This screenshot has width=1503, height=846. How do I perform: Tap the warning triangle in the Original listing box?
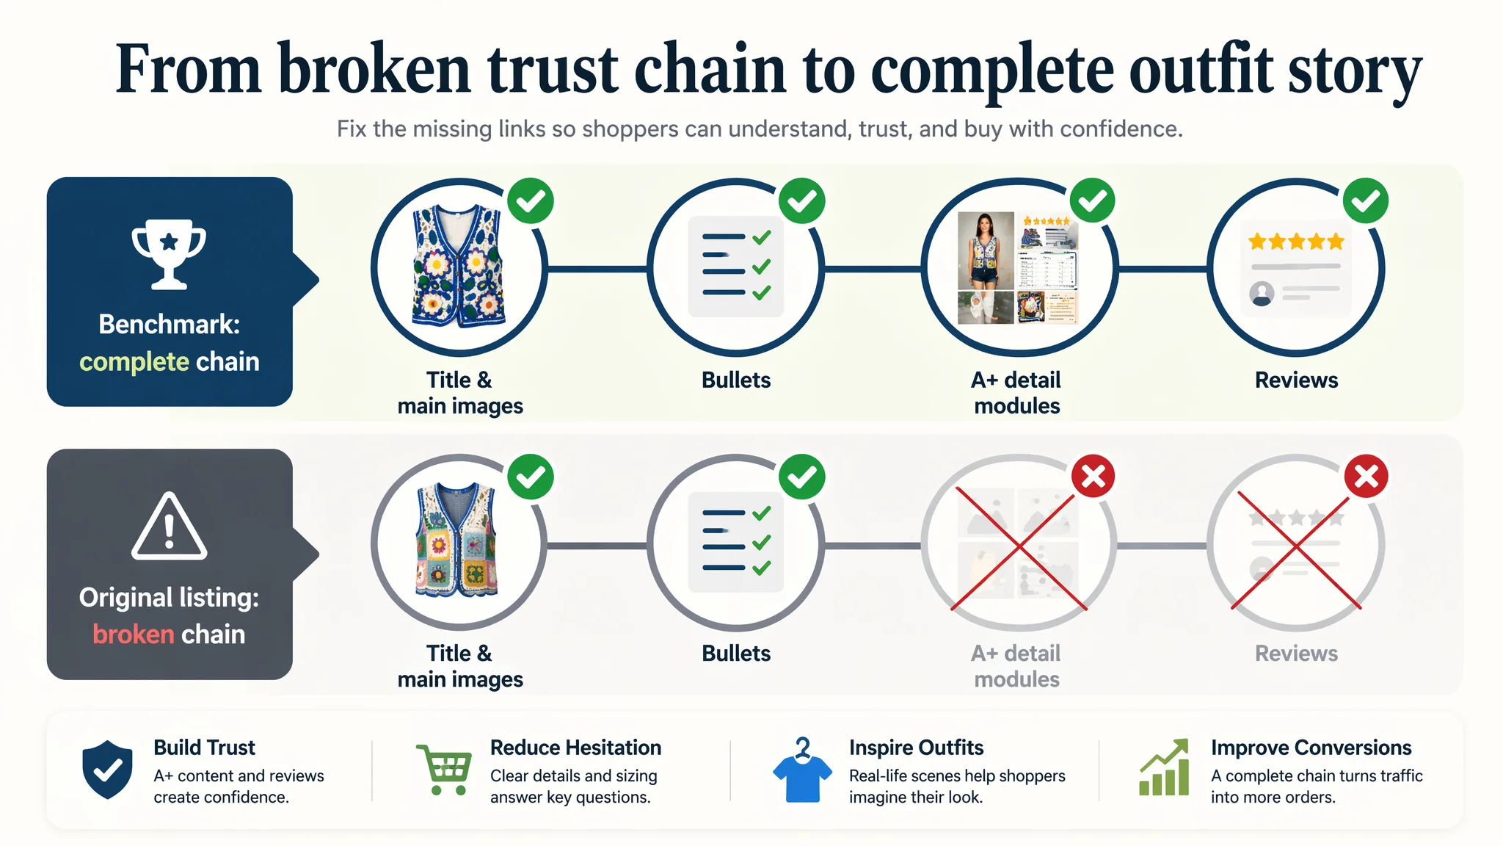pyautogui.click(x=170, y=526)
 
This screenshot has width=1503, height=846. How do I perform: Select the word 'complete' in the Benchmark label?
pyautogui.click(x=134, y=362)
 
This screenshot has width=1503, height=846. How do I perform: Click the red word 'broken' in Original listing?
pyautogui.click(x=133, y=634)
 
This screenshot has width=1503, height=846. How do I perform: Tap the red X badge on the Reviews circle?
pyautogui.click(x=1366, y=477)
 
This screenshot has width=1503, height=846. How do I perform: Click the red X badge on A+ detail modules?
pyautogui.click(x=1093, y=477)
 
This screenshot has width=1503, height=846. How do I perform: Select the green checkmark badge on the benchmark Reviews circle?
pyautogui.click(x=1366, y=200)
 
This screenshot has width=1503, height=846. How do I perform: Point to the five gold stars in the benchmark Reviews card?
pyautogui.click(x=1296, y=241)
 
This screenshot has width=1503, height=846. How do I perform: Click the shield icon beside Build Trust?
pyautogui.click(x=108, y=769)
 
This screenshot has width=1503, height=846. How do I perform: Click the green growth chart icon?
pyautogui.click(x=1164, y=767)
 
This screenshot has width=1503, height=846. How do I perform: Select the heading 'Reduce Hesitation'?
pyautogui.click(x=575, y=748)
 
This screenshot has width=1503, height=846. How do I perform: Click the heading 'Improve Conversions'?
pyautogui.click(x=1311, y=748)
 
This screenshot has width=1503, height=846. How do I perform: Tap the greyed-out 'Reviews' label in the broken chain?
pyautogui.click(x=1296, y=653)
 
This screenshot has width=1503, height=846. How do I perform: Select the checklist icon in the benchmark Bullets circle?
pyautogui.click(x=736, y=266)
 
